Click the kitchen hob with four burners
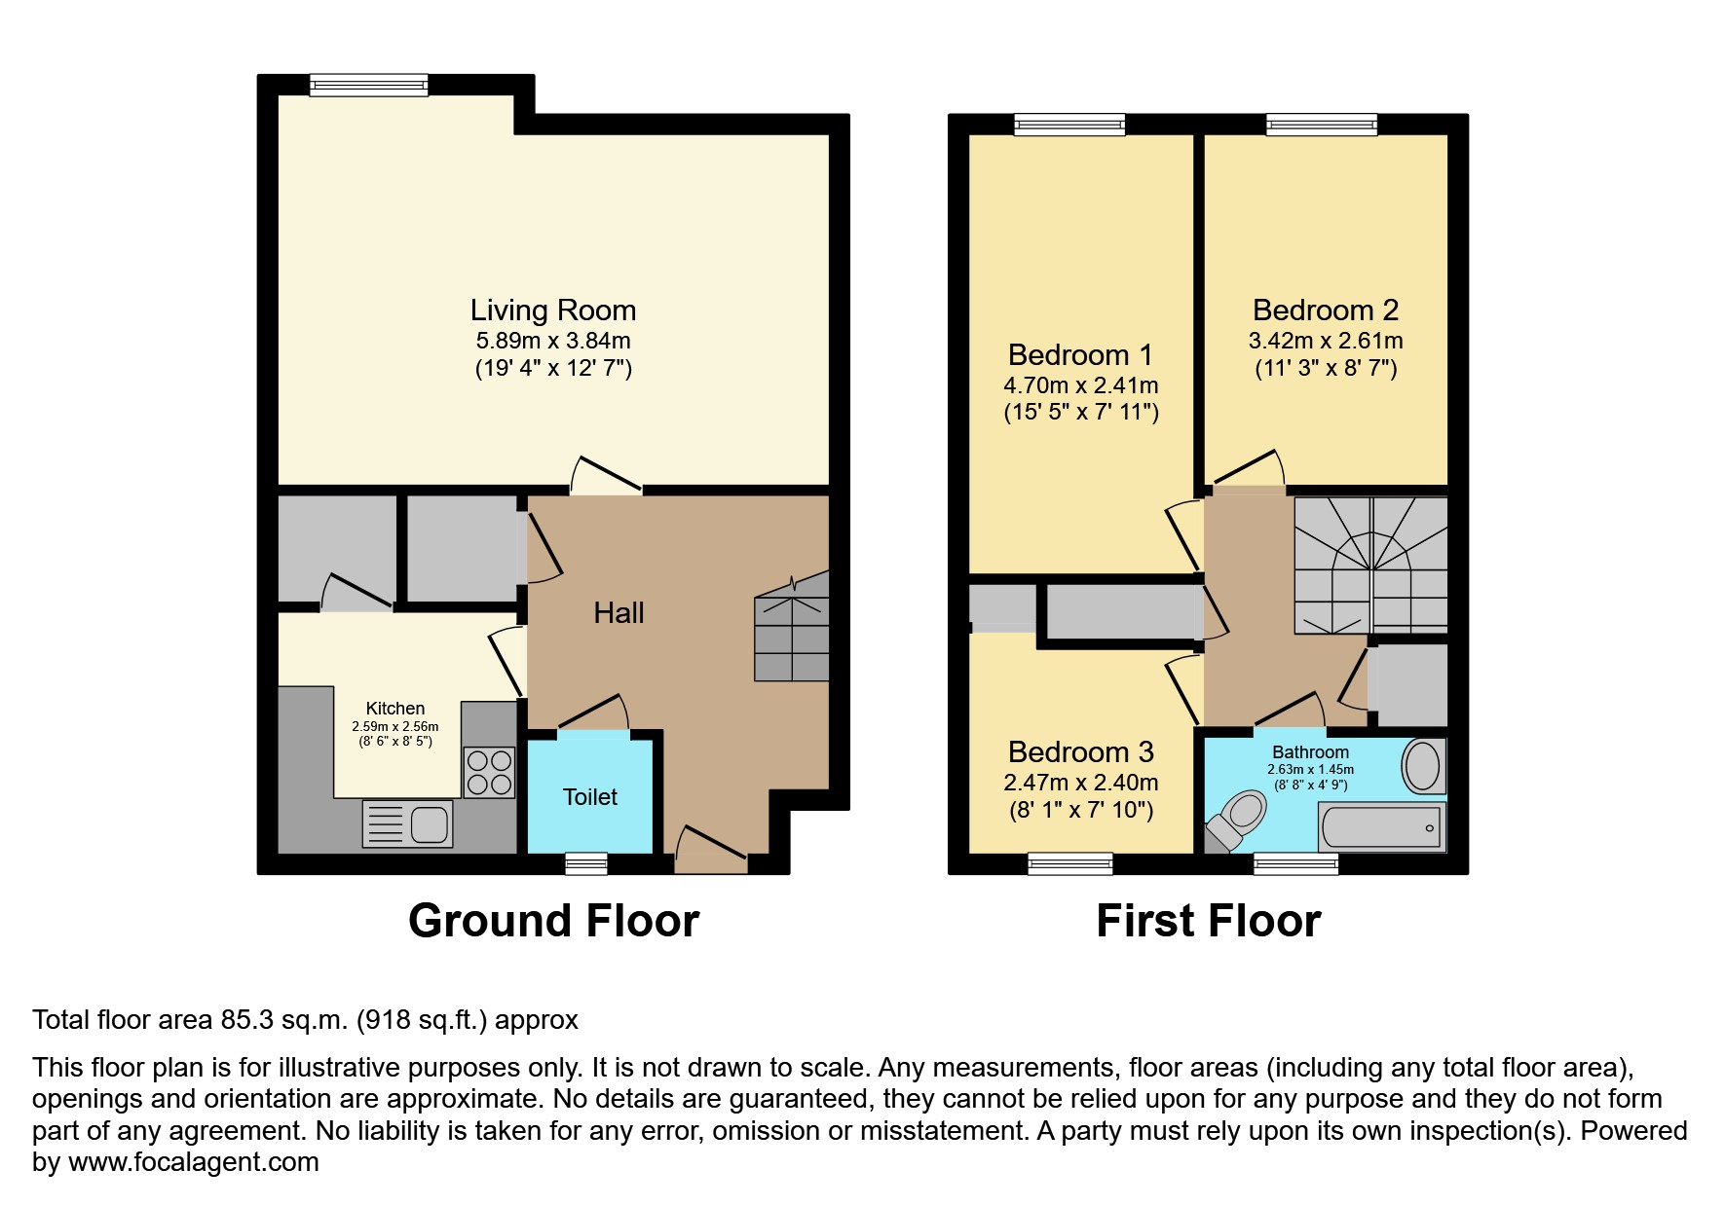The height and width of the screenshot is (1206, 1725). pyautogui.click(x=489, y=772)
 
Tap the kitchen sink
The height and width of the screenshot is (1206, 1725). pyautogui.click(x=408, y=823)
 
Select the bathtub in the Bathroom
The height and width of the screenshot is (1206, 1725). pyautogui.click(x=1380, y=827)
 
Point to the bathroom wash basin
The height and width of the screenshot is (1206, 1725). pyautogui.click(x=1423, y=766)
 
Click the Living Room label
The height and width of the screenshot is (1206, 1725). pyautogui.click(x=552, y=311)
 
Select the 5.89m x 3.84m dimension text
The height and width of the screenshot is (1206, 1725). pyautogui.click(x=552, y=342)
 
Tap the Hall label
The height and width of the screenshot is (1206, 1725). pyautogui.click(x=619, y=613)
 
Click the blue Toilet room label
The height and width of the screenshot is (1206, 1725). pyautogui.click(x=589, y=797)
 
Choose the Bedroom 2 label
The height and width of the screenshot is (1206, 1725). pyautogui.click(x=1325, y=311)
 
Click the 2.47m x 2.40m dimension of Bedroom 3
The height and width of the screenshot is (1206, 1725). pyautogui.click(x=1080, y=783)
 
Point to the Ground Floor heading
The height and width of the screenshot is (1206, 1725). pyautogui.click(x=553, y=921)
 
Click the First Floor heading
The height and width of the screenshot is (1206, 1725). pyautogui.click(x=1208, y=921)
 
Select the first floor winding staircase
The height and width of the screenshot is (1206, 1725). pyautogui.click(x=1370, y=566)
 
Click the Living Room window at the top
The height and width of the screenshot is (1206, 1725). pyautogui.click(x=368, y=86)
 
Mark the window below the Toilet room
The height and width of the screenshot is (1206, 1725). pyautogui.click(x=586, y=863)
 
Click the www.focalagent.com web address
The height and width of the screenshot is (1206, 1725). pyautogui.click(x=193, y=1162)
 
